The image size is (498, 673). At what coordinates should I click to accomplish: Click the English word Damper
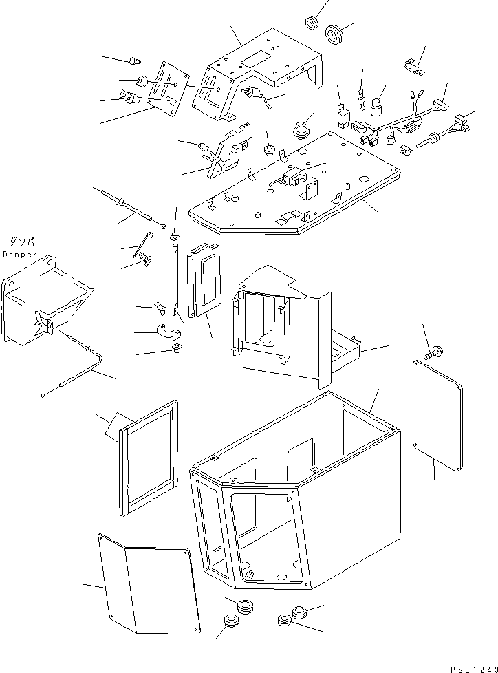tap(20, 255)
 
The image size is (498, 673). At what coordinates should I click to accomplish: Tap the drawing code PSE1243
tap(474, 669)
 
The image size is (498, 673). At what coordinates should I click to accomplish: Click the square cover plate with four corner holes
tap(438, 416)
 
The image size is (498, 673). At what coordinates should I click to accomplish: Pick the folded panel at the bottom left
tap(149, 584)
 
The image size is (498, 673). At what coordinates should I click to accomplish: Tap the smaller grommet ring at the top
tap(312, 23)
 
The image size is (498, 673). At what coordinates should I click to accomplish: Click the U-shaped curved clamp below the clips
tap(169, 331)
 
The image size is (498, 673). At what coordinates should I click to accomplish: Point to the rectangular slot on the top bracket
tap(255, 58)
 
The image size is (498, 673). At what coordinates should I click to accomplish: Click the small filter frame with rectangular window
tap(204, 280)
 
